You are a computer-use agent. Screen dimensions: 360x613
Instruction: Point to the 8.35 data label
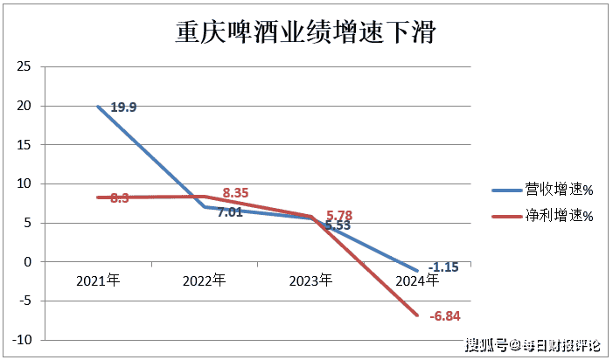pos(237,192)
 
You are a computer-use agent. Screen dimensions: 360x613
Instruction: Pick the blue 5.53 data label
pos(338,225)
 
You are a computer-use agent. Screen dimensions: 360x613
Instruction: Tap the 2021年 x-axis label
pos(98,280)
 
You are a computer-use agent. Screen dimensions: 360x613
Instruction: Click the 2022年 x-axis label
pos(205,280)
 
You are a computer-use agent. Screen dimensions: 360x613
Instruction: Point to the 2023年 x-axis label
pos(310,280)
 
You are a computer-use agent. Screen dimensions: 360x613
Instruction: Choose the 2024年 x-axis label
pos(417,280)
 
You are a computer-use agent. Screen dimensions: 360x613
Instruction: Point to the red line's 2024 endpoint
pos(417,315)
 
